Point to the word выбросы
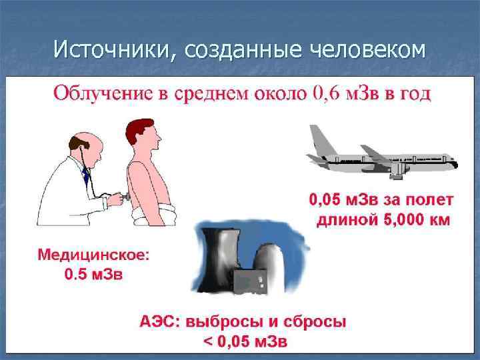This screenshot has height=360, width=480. tap(221, 322)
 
